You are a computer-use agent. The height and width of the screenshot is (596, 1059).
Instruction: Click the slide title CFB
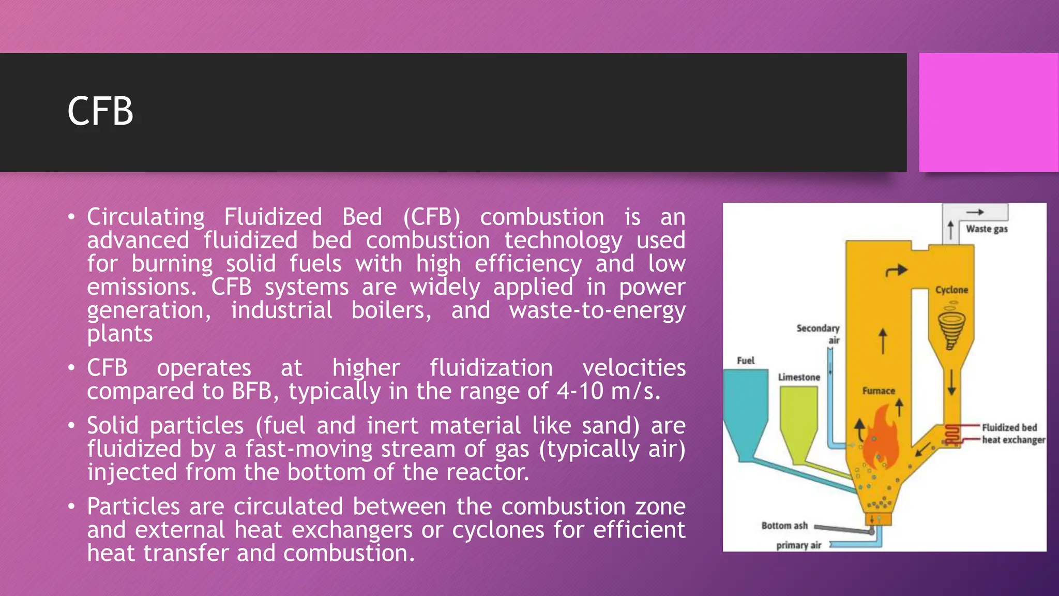100,111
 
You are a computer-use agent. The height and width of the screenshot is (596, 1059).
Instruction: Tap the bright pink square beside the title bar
988,112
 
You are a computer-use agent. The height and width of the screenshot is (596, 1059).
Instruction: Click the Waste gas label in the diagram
987,229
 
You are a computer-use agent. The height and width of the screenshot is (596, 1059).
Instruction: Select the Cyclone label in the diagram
951,290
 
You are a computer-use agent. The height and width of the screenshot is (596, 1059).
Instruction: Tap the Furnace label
878,391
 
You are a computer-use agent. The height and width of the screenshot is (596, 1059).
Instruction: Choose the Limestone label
799,377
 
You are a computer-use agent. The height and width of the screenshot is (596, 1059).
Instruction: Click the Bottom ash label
784,526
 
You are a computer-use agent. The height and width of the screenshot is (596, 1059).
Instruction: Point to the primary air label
798,545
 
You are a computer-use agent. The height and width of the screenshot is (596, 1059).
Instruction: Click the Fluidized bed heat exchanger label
1012,434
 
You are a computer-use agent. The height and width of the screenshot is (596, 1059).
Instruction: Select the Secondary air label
819,334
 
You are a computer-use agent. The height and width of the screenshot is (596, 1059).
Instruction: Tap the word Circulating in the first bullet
146,217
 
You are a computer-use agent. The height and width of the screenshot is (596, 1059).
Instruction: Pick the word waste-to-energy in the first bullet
597,310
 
